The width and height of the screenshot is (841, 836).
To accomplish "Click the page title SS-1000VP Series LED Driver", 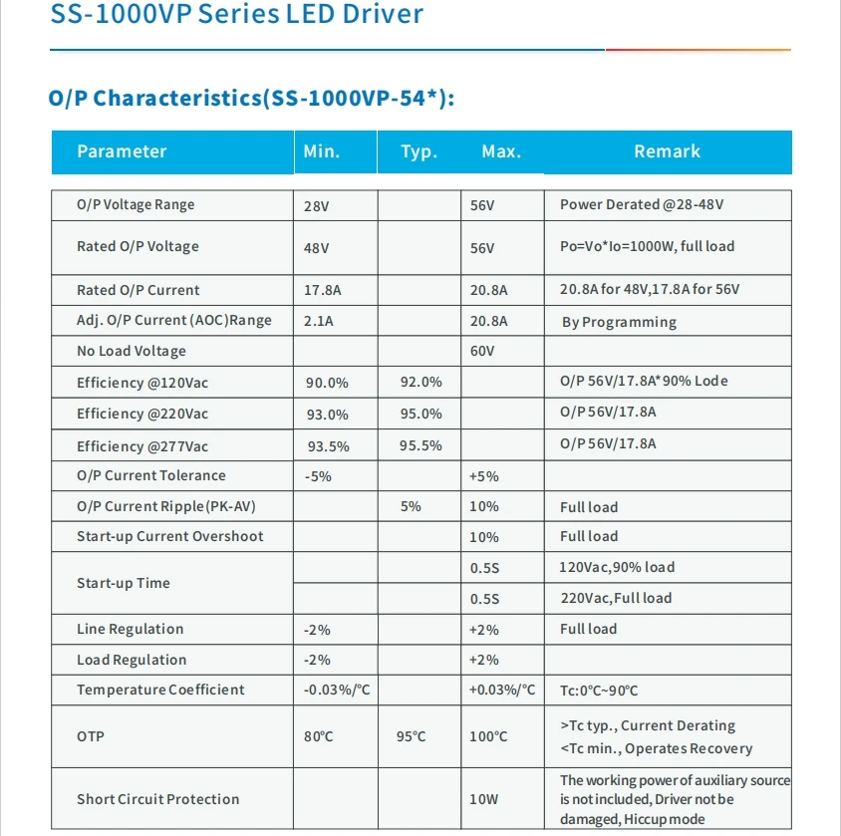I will [236, 15].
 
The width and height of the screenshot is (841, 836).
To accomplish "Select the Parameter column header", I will [122, 151].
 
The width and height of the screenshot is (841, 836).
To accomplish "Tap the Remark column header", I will [667, 151].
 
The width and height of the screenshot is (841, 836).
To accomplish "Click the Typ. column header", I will [419, 151].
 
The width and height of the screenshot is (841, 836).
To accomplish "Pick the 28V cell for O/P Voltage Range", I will [317, 206].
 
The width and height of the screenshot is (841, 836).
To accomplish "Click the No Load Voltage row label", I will [132, 351].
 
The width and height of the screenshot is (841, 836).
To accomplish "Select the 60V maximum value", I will [482, 352].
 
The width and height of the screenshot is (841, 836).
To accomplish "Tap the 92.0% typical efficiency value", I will [420, 383].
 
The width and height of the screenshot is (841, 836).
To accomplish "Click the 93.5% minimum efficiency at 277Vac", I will [327, 446].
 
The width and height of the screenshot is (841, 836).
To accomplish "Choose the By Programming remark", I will [619, 322].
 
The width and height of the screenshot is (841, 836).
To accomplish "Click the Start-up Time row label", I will [124, 583].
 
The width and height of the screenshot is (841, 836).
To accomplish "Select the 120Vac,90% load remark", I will [617, 567].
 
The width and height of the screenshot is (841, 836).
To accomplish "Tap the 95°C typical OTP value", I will [411, 736].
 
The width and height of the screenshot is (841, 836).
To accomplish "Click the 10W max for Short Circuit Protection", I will [484, 799].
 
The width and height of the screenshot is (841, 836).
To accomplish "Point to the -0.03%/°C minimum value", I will [337, 691].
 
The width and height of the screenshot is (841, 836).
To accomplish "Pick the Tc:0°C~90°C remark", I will [599, 691].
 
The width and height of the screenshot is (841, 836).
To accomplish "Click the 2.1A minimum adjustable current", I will [320, 321].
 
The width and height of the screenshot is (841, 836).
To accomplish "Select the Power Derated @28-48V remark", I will [642, 204].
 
